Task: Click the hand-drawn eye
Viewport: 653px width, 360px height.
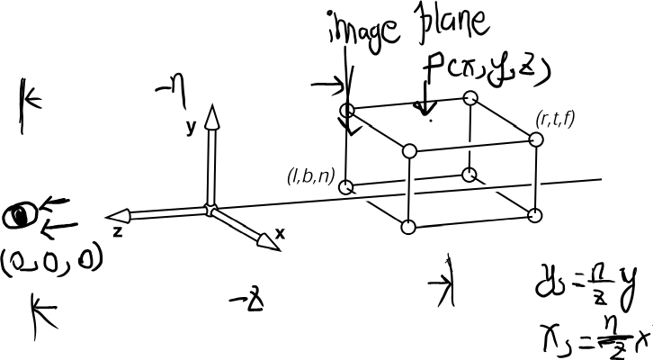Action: coord(18,215)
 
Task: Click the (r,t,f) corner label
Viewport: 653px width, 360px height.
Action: coord(554,119)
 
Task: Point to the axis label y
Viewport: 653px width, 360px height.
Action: coord(191,127)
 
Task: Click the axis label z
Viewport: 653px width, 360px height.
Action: coord(117,231)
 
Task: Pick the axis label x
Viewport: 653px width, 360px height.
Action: coord(280,232)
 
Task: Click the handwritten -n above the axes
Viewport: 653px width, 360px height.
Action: coord(171,88)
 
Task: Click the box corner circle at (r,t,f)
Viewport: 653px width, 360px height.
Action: coord(537,139)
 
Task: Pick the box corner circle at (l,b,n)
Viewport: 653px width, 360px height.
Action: coord(347,187)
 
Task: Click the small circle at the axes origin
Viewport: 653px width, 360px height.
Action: coord(210,210)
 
